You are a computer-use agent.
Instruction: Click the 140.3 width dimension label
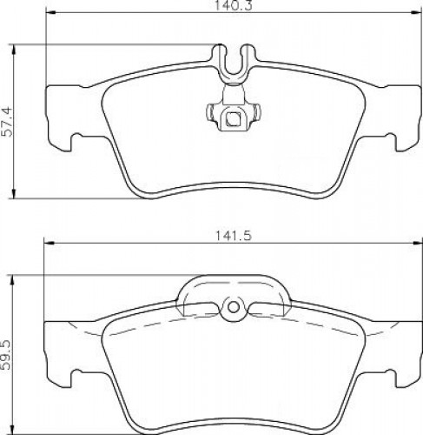tap(234, 5)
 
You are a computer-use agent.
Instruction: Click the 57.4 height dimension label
tap(7, 122)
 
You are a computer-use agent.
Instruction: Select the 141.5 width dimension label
tap(234, 236)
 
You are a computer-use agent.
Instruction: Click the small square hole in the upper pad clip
tap(233, 119)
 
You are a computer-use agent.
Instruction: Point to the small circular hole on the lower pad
tap(234, 307)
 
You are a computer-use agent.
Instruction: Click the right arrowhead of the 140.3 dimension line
tap(416, 12)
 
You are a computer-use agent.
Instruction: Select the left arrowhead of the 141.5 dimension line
tap(49, 243)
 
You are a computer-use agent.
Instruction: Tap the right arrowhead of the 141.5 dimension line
tap(416, 243)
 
